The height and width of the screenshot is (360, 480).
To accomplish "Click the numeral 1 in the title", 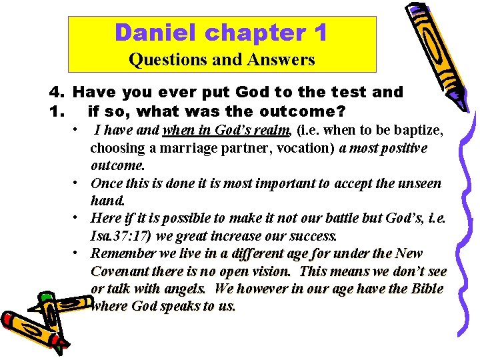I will coord(319,32).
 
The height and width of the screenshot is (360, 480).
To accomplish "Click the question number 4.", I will coord(55,92).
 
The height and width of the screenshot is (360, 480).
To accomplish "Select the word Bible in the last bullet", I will coord(427,289).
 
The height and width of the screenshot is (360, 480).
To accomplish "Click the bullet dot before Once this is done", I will coord(79,183).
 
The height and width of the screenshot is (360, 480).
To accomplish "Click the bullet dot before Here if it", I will coord(79,218).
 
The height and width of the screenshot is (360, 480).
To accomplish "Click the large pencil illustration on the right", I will coord(437,53).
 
